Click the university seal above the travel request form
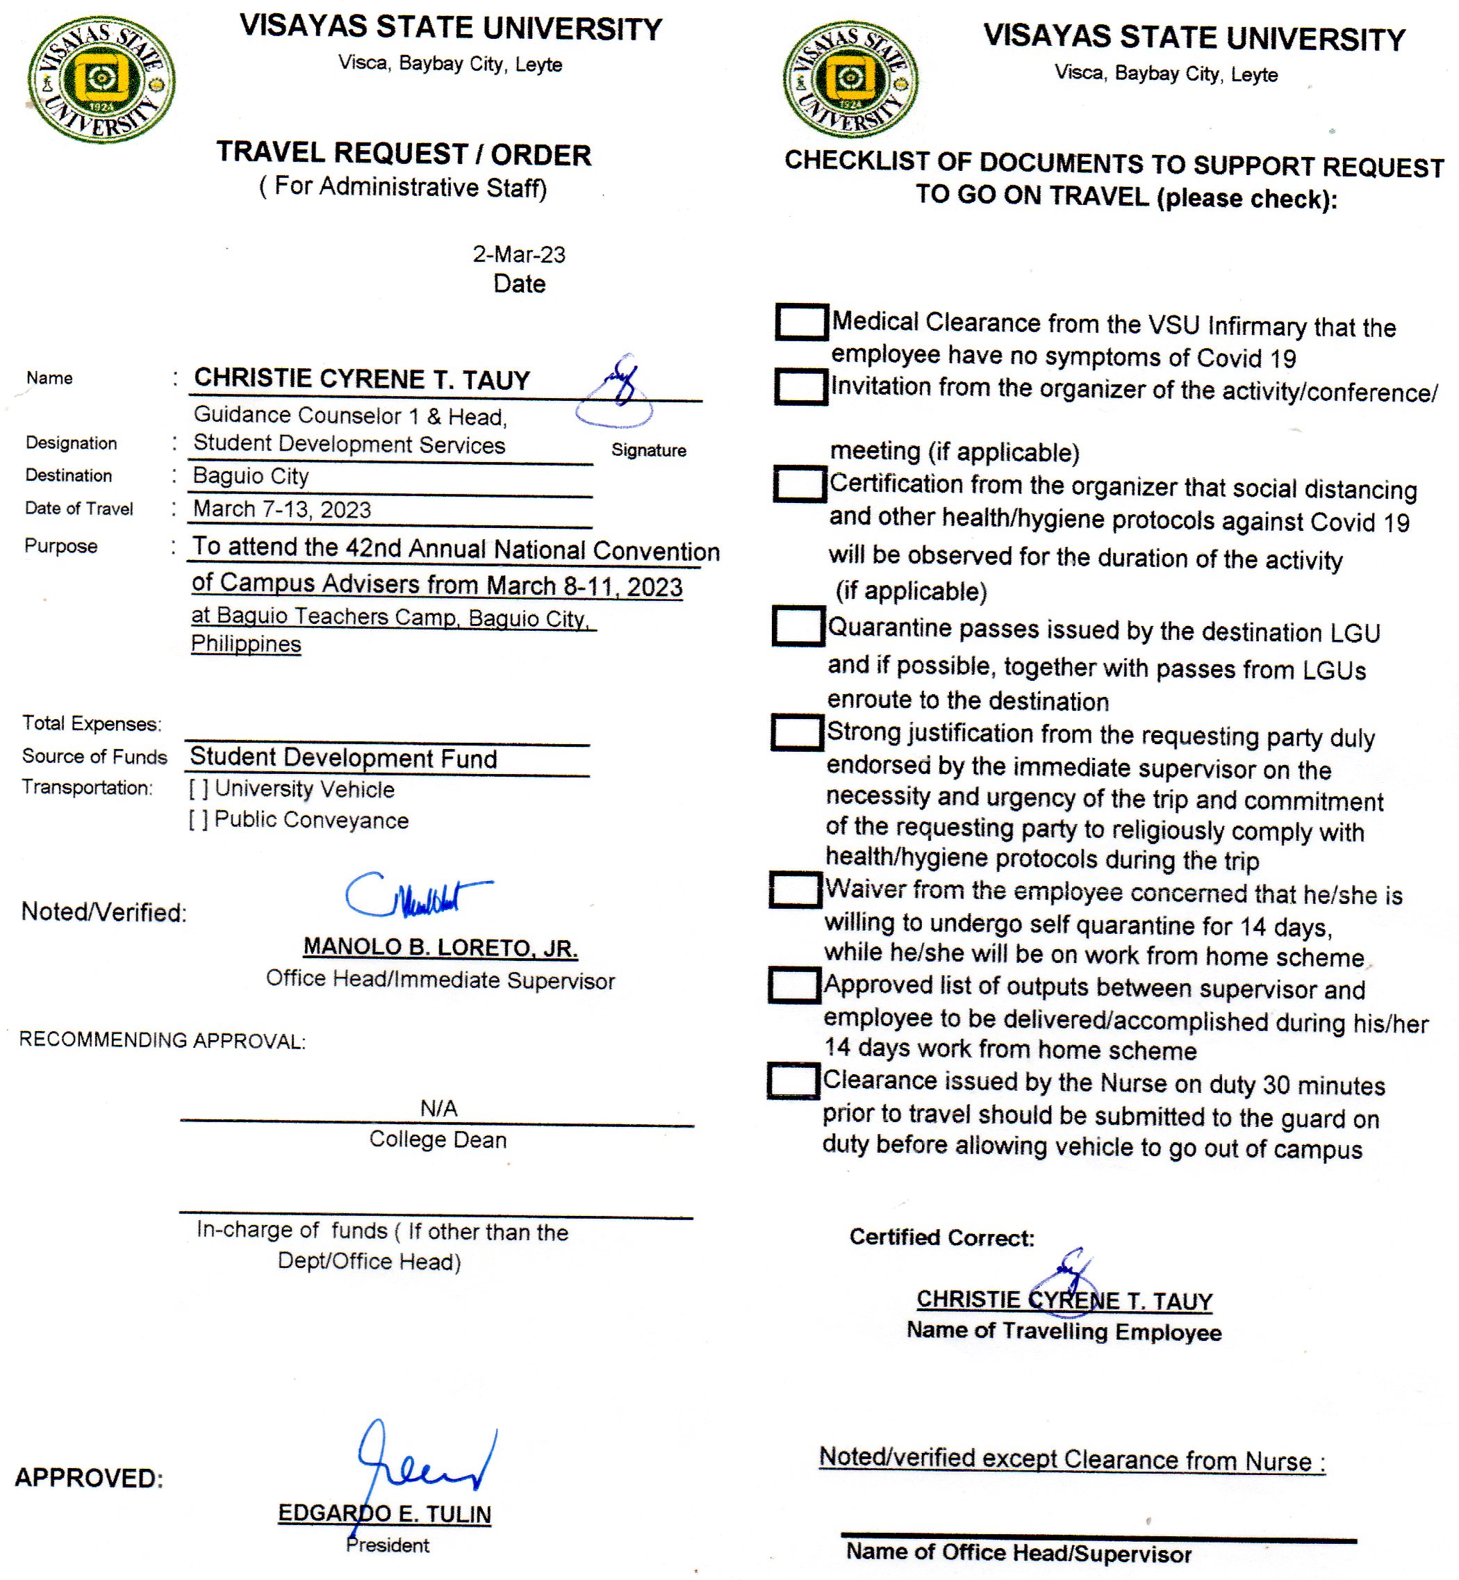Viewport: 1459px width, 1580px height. pyautogui.click(x=101, y=80)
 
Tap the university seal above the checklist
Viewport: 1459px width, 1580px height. pyautogui.click(x=850, y=79)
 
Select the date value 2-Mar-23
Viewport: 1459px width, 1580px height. pyautogui.click(x=519, y=254)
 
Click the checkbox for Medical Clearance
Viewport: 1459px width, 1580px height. pyautogui.click(x=801, y=322)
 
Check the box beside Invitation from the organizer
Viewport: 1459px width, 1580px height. pyautogui.click(x=800, y=387)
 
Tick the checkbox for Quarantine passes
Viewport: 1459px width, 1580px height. pyautogui.click(x=798, y=627)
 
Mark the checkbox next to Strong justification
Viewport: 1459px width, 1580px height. pyautogui.click(x=798, y=732)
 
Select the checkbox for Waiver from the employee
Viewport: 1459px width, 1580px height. pyautogui.click(x=796, y=889)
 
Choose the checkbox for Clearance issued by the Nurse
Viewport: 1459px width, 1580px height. pyautogui.click(x=793, y=1081)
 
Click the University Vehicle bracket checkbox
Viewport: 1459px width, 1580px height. pyautogui.click(x=198, y=789)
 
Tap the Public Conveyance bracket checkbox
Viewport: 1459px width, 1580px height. pyautogui.click(x=198, y=821)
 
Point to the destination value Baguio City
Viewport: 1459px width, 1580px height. pyautogui.click(x=251, y=476)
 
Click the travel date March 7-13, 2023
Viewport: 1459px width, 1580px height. pyautogui.click(x=282, y=509)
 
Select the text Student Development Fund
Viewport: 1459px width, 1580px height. pyautogui.click(x=343, y=758)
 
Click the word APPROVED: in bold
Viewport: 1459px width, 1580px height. pyautogui.click(x=89, y=1478)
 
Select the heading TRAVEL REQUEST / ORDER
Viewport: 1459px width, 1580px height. pyautogui.click(x=404, y=154)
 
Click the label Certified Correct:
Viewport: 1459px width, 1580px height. pyautogui.click(x=941, y=1237)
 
